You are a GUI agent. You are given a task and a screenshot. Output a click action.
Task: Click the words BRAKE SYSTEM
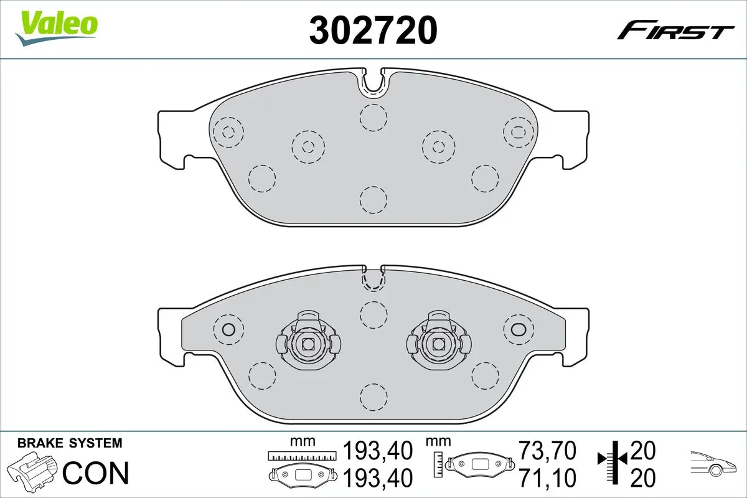tap(70, 443)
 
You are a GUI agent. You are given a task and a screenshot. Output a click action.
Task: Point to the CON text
tap(96, 473)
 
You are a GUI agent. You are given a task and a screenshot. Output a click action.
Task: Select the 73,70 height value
tap(547, 450)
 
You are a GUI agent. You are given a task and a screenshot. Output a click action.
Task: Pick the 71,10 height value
tap(547, 477)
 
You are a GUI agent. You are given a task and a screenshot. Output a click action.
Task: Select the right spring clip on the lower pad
tap(437, 342)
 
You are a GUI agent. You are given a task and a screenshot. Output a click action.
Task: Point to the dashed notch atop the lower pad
tap(372, 280)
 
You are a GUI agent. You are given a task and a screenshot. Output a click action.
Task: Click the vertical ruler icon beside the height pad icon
tap(439, 462)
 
